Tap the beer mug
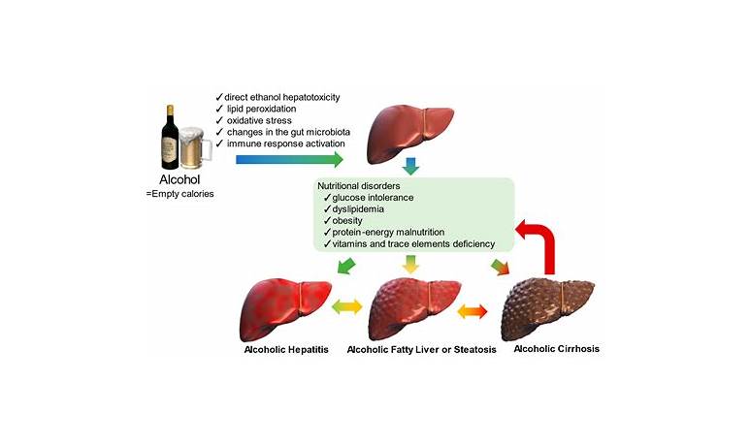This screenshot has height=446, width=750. (198, 144)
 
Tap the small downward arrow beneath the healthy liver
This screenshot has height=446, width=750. (411, 168)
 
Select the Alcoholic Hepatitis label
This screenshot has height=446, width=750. (287, 348)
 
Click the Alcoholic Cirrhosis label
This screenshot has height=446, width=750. (556, 349)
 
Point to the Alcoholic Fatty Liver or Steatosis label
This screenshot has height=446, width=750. (422, 349)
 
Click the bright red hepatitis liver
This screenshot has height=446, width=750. (285, 306)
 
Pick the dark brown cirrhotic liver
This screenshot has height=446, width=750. (553, 306)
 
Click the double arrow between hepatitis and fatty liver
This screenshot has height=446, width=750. (346, 307)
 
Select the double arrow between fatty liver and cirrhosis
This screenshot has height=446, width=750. (471, 310)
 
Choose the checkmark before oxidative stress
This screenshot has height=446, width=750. (220, 120)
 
